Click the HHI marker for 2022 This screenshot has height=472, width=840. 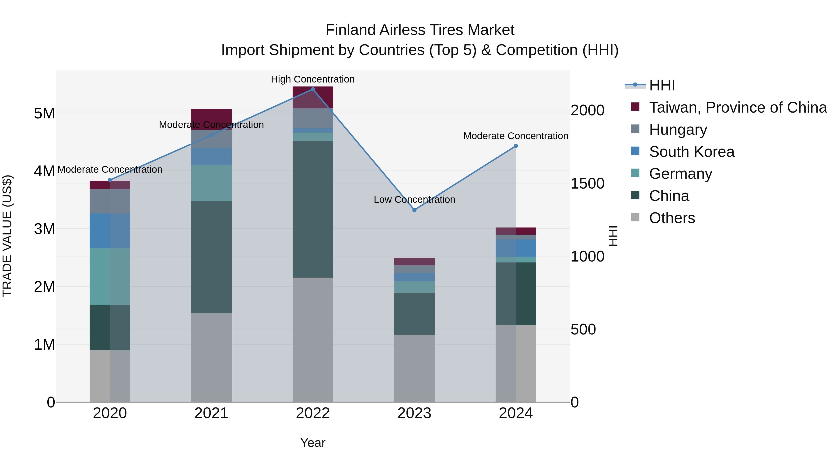coord(313,89)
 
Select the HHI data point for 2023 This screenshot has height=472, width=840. coord(414,210)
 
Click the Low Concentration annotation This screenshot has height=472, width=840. coord(414,199)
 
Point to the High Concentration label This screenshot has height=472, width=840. coord(313,79)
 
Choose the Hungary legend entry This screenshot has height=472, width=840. coord(678,130)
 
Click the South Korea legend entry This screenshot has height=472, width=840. coord(692,152)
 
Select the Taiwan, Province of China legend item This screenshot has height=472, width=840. coord(738,107)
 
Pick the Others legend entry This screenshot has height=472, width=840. coord(672,218)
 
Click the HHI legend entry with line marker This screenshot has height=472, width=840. coord(662,85)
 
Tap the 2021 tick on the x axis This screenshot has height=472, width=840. coord(211,413)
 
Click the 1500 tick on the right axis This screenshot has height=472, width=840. coord(587,183)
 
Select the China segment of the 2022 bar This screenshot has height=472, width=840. coord(313,209)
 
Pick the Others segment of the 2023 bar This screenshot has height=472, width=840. coord(414,368)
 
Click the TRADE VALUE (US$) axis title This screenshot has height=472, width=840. coord(7,236)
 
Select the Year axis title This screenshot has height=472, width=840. coord(313,443)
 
